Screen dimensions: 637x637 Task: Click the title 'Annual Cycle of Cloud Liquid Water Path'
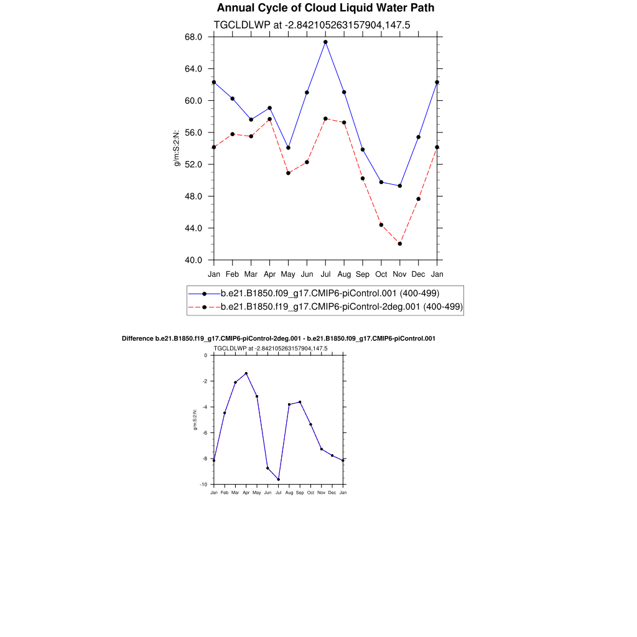325,8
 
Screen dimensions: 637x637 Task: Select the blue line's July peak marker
325,42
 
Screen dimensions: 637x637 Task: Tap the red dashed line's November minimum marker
400,244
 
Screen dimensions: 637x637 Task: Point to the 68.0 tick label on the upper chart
194,37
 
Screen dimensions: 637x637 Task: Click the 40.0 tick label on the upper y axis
194,260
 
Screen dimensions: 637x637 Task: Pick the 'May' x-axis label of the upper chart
288,274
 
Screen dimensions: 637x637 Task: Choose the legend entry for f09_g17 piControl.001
330,293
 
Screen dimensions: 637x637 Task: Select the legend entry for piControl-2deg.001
341,307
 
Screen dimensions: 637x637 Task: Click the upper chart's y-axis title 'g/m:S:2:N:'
177,149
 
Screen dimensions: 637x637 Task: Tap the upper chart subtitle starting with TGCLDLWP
311,25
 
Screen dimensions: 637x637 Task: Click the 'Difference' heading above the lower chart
278,338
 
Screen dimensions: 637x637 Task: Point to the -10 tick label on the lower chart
203,484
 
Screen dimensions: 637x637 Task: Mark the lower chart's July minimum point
278,479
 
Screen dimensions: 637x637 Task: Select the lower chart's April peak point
246,373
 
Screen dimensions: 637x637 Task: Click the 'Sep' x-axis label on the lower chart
300,492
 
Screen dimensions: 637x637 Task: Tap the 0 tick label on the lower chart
206,355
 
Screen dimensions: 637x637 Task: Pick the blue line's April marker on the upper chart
269,108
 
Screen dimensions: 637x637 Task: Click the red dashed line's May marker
288,173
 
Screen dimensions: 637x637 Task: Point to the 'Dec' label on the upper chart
419,274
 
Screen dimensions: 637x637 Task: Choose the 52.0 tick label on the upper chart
194,165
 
